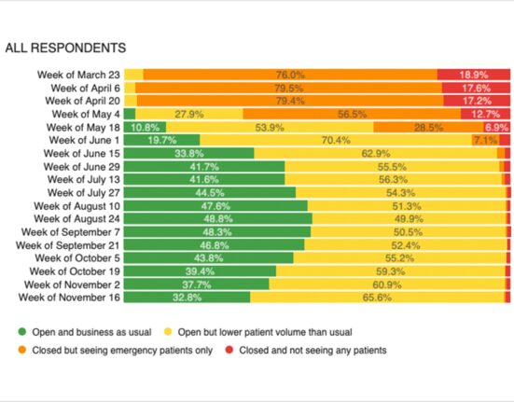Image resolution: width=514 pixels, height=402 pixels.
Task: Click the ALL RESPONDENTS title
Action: point(65,48)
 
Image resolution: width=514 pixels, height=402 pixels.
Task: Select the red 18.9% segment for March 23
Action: point(474,75)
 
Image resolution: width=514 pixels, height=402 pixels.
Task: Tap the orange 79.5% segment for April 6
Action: point(288,88)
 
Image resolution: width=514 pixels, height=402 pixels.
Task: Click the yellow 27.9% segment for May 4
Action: point(189,114)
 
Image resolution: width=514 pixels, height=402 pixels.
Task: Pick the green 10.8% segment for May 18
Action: point(145,127)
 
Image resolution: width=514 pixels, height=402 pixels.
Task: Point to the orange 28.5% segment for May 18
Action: point(428,127)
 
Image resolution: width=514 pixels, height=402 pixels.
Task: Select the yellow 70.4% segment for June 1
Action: point(336,140)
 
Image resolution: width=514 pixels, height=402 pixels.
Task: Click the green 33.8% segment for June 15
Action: point(188,153)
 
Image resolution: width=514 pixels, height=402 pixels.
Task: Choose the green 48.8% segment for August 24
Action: point(218,218)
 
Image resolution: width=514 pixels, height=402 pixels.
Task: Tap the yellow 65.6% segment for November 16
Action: point(377,298)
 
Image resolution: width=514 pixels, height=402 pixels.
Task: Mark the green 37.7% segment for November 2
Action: point(196,284)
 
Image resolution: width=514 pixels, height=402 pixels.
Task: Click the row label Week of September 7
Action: point(71,232)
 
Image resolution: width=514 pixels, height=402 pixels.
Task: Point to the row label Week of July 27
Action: point(84,193)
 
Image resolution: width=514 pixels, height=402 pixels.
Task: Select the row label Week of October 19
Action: point(75,271)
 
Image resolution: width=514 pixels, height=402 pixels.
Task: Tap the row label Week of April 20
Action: point(83,101)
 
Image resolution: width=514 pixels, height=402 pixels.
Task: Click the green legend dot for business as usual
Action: point(22,332)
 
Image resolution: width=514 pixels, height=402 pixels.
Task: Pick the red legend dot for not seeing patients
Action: point(229,350)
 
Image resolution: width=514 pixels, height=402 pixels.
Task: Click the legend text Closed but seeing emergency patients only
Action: point(122,351)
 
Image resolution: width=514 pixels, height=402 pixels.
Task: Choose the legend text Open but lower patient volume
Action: point(265,332)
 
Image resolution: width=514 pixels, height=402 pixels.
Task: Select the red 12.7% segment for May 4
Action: point(485,114)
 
